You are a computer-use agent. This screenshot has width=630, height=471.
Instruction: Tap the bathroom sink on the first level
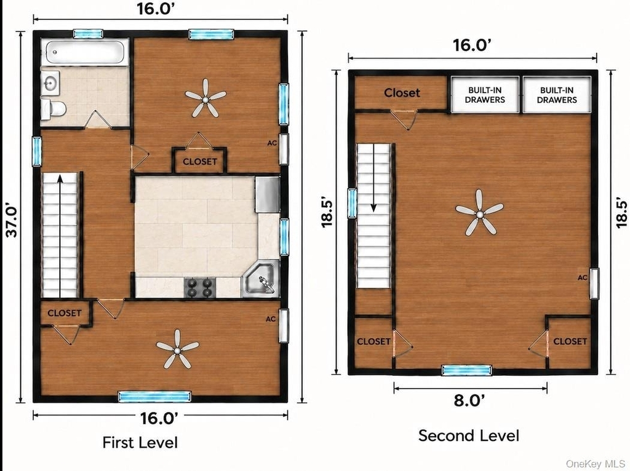click(50, 83)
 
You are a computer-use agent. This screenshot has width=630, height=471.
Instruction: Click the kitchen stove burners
click(200, 287)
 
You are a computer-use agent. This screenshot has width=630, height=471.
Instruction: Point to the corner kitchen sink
click(260, 279)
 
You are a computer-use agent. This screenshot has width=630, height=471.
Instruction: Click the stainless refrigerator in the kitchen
click(267, 195)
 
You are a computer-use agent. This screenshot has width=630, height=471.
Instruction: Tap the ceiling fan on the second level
click(479, 213)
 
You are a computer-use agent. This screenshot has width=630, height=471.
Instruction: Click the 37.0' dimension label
click(12, 221)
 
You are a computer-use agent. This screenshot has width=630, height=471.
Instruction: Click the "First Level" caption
click(140, 442)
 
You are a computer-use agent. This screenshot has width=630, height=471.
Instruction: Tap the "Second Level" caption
click(468, 435)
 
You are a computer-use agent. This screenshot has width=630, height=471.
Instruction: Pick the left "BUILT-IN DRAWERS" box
click(485, 95)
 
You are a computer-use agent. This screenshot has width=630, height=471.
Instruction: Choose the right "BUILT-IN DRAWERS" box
click(557, 95)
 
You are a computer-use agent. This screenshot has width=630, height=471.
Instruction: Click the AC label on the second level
click(582, 277)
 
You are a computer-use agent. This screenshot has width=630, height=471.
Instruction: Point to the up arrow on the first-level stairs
click(60, 235)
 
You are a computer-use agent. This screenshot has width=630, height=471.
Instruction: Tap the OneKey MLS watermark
click(595, 464)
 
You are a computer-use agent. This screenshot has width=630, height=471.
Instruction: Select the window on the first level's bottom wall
click(154, 397)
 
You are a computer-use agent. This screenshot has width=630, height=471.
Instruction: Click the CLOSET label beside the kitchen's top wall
click(200, 162)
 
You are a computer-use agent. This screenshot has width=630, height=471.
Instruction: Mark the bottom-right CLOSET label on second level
click(570, 341)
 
